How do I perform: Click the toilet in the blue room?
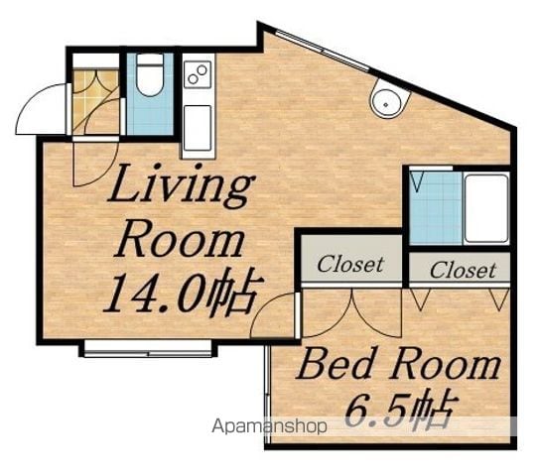tap(150, 74)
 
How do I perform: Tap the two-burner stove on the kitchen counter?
tap(198, 74)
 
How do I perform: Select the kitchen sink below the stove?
tap(198, 128)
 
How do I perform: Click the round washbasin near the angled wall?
tap(390, 99)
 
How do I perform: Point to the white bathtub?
tap(486, 208)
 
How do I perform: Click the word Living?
tap(182, 186)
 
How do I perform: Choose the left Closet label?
tap(350, 265)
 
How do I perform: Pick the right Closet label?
tap(463, 271)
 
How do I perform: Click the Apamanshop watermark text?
tap(269, 426)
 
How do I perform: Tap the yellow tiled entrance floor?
tap(95, 102)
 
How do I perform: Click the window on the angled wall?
tap(323, 51)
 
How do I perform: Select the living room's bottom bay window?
tap(148, 349)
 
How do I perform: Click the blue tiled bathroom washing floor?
tap(436, 208)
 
